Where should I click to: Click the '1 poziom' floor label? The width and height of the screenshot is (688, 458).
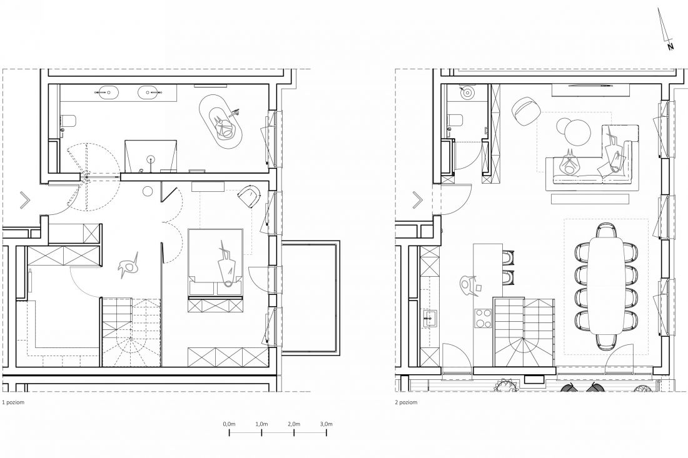tap(13, 402)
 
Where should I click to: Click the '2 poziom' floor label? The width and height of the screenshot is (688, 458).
tap(406, 402)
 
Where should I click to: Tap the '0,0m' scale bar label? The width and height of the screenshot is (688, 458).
tap(229, 424)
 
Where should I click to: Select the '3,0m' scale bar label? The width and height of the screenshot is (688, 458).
tap(326, 424)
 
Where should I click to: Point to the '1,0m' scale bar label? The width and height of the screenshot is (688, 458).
tap(261, 424)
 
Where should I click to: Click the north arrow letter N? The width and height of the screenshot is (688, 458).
tap(670, 46)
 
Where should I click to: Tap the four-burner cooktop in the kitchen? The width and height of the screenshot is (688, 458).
tap(483, 319)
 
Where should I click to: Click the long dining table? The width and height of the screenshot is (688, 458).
tap(605, 286)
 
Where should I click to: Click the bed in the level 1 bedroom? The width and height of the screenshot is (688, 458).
tap(215, 262)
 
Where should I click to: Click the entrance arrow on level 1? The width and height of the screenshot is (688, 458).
tap(25, 201)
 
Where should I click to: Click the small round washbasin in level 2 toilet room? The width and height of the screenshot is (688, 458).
tap(467, 92)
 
